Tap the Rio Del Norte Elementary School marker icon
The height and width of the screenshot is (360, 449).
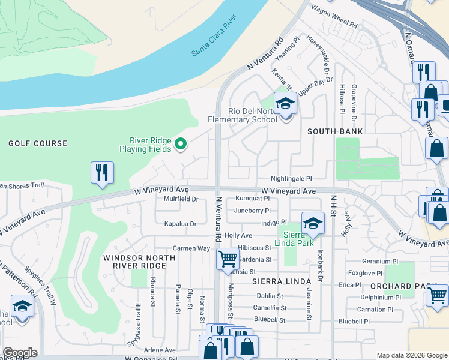(286, 103)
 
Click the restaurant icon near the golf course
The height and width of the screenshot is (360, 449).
(102, 173)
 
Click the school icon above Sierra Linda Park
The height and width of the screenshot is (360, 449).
(312, 224)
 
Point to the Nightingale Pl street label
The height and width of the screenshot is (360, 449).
(291, 178)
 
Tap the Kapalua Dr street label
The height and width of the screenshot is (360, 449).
(180, 223)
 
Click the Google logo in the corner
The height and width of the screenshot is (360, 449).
(20, 353)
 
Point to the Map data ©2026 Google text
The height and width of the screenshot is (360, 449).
(412, 355)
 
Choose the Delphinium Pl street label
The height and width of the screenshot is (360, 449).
(381, 298)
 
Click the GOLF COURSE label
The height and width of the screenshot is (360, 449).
(38, 143)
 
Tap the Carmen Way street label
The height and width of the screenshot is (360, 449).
(191, 248)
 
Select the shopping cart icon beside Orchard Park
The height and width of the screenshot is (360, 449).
(438, 295)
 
